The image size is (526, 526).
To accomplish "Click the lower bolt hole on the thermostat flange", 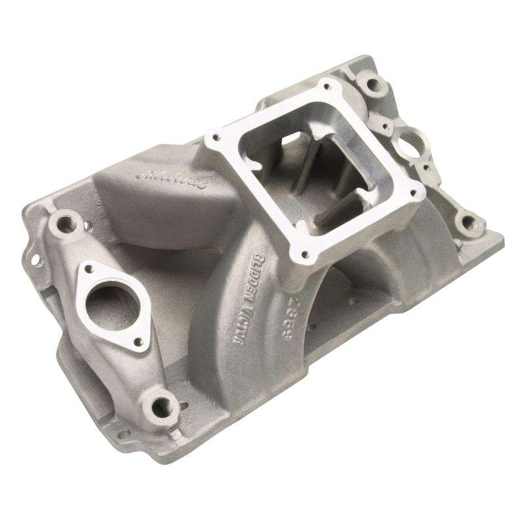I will point(139,341).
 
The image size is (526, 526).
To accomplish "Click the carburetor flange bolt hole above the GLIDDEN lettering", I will point(304,254).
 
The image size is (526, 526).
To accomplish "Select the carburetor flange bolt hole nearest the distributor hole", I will point(415,193).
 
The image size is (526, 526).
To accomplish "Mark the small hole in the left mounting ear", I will point(34,260).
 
